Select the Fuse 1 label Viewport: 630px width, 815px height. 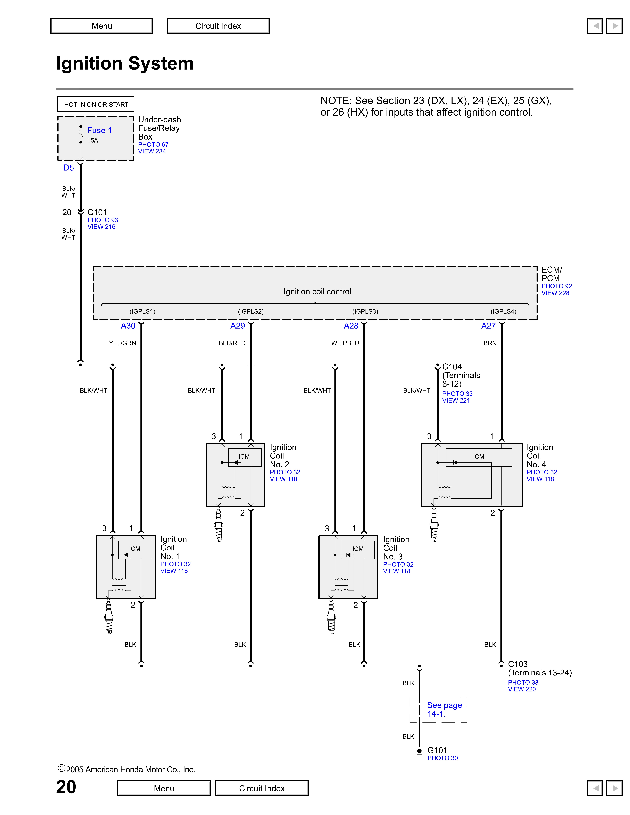99,130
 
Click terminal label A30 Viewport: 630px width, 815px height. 128,326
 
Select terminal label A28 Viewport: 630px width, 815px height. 351,326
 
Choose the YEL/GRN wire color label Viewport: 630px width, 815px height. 122,343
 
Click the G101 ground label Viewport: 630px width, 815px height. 437,750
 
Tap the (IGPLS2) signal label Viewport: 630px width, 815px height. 251,311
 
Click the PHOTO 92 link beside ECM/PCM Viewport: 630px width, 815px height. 556,286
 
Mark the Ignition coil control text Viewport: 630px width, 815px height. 317,291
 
